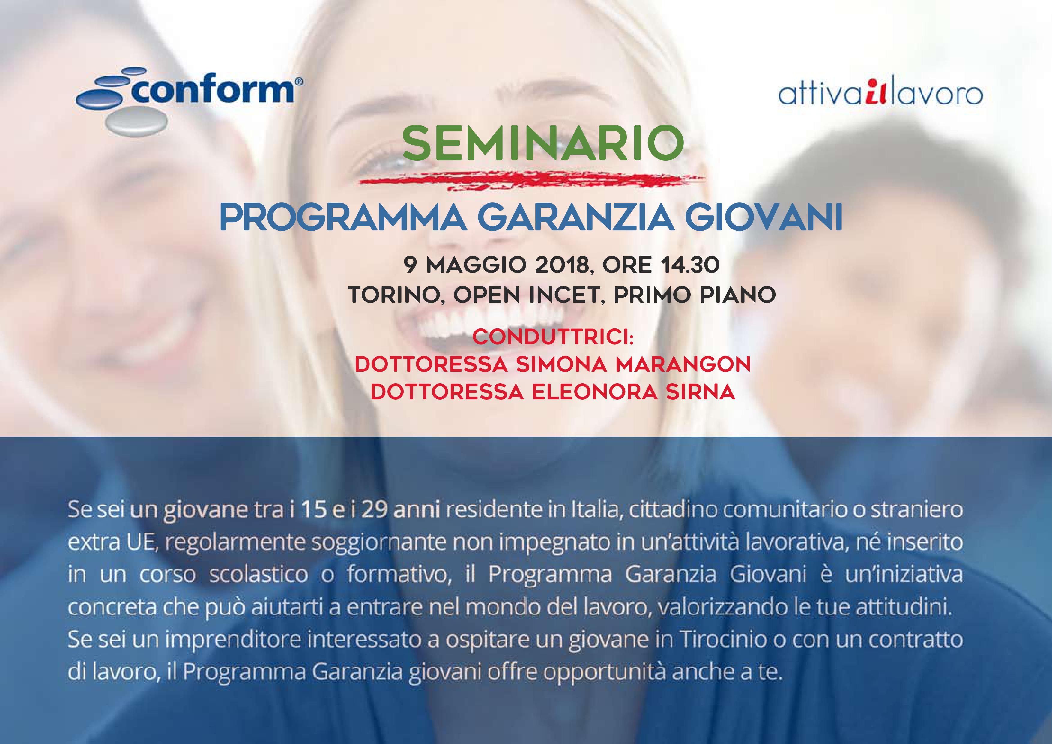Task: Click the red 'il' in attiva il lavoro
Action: (876, 94)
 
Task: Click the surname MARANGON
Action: (683, 365)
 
